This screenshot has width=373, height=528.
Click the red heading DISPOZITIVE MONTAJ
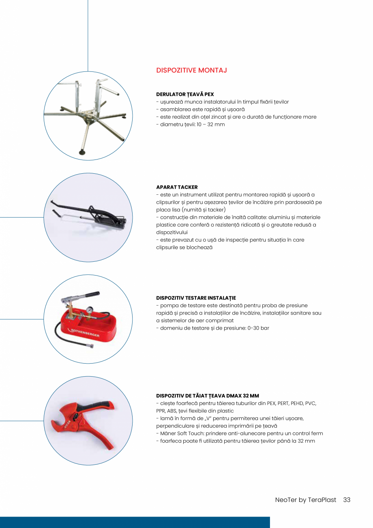(191, 70)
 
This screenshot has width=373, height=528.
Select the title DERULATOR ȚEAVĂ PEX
(185, 94)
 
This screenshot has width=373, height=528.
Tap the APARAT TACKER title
(177, 187)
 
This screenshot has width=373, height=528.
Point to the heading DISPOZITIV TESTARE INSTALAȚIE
(196, 298)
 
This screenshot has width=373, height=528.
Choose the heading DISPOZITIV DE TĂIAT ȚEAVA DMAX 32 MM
(208, 396)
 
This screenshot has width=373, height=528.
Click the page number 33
(347, 500)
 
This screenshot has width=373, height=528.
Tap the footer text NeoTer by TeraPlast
(306, 500)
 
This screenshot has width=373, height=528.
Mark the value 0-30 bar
(258, 328)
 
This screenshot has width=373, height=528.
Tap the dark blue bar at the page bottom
(135, 522)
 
